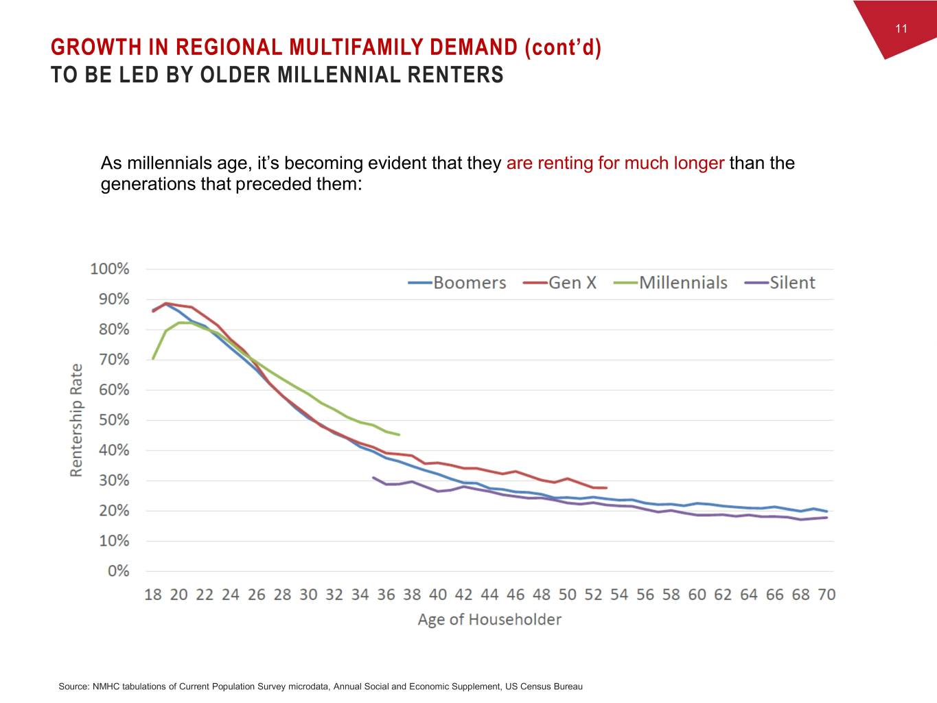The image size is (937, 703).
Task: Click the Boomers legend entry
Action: coord(458,283)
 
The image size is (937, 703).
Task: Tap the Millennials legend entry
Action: coord(671,283)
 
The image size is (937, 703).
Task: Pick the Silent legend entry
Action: coord(780,283)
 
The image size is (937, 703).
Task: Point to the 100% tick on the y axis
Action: coord(109,269)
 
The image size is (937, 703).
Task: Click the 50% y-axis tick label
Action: coord(113,420)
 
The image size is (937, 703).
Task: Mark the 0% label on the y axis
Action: coord(117,571)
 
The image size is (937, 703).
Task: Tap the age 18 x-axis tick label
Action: coord(153,595)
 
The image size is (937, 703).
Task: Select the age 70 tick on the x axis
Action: coord(826,595)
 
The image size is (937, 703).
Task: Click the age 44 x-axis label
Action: coord(489,595)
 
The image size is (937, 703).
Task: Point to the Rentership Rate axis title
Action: coord(76,420)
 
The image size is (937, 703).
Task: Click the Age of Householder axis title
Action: coord(489,619)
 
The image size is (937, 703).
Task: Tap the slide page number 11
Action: coord(901,28)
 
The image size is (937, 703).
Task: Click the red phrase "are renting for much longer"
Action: coord(615,163)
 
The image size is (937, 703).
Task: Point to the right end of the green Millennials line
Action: coord(399,435)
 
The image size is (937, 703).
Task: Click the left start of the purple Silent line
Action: coord(373,478)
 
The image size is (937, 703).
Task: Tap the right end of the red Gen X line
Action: coord(606,488)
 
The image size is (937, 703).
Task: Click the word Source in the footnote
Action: coord(73,687)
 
